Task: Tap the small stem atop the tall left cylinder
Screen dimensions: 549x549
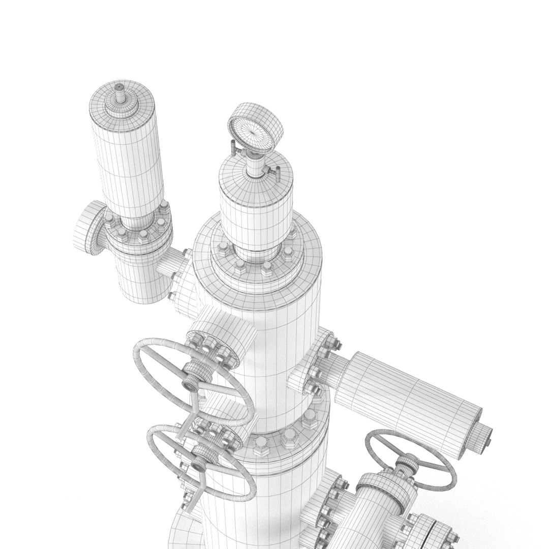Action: [119, 91]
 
